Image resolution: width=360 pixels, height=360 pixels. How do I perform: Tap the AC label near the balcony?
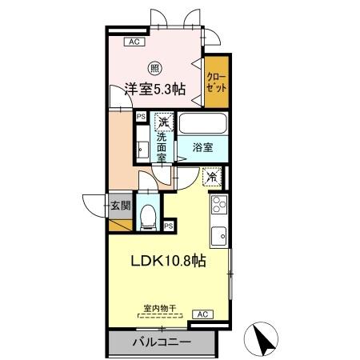click(x=203, y=314)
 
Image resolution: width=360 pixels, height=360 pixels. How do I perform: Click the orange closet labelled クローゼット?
click(x=215, y=83)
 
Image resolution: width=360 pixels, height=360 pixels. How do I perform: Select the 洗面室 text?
click(x=162, y=147)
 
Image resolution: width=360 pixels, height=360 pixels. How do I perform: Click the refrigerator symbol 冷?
click(x=212, y=177)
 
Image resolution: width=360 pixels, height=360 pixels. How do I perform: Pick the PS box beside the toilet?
click(x=168, y=226)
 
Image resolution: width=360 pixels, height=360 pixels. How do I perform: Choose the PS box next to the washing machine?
click(x=141, y=117)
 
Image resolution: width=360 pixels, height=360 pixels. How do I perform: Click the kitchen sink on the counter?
click(x=218, y=235)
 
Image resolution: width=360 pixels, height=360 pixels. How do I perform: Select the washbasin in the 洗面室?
click(x=142, y=148)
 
